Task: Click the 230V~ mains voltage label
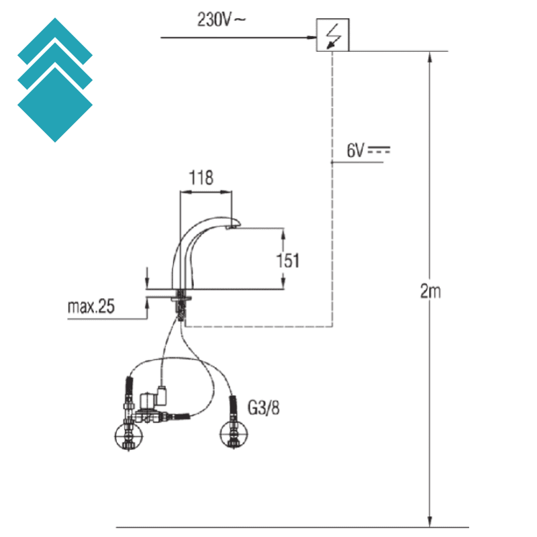click(222, 20)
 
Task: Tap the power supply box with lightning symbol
click(333, 35)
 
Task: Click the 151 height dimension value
click(288, 260)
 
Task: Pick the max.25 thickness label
click(91, 307)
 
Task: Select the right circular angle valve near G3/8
click(232, 434)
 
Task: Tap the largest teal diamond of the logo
click(55, 104)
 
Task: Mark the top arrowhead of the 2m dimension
click(430, 58)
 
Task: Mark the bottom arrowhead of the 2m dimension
click(430, 520)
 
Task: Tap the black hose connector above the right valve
click(233, 405)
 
